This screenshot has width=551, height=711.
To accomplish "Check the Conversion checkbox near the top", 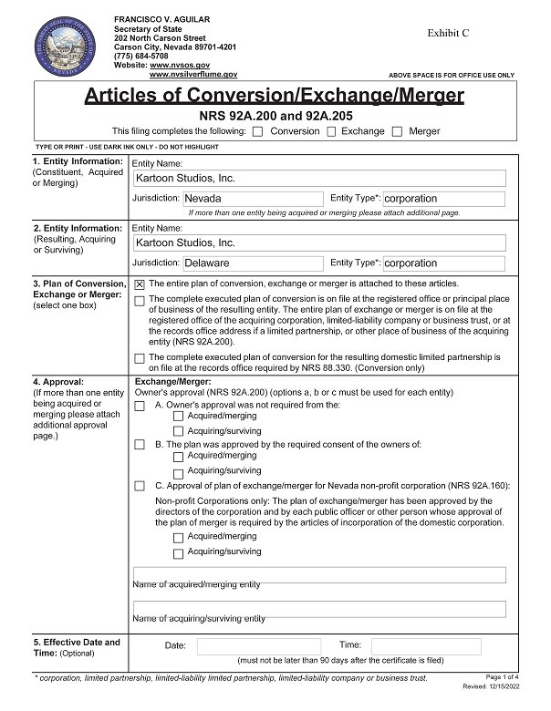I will (x=258, y=131).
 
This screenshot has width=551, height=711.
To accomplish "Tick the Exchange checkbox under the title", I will (x=329, y=131).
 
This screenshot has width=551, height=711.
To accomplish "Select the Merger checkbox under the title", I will (x=397, y=131).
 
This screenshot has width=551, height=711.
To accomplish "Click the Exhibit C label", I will (x=449, y=33).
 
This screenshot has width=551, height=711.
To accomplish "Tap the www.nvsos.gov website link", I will (x=180, y=66).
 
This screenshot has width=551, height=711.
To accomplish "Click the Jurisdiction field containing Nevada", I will (x=253, y=199).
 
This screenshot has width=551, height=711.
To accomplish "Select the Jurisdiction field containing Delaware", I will (x=253, y=263).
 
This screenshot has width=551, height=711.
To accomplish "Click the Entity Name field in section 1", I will (x=318, y=179).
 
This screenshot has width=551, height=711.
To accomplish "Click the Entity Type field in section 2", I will (x=443, y=263).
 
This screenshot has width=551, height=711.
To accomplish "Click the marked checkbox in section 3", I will (x=140, y=284).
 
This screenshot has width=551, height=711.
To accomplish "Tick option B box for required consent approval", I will (x=140, y=445).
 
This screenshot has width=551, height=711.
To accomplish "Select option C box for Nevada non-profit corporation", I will (x=140, y=486).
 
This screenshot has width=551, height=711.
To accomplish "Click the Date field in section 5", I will (x=258, y=645).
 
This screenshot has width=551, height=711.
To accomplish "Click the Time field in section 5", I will (x=425, y=645).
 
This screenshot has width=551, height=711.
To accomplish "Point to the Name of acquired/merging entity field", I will (x=318, y=575).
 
